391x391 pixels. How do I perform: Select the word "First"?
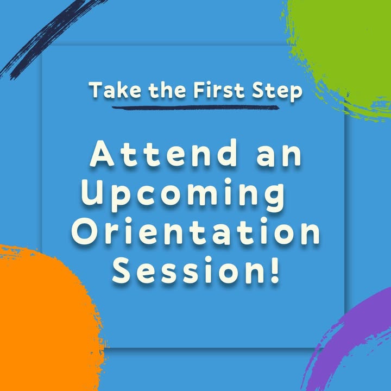tap(219, 90)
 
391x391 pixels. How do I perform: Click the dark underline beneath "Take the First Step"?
tap(195, 108)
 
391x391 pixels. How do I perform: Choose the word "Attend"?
tap(163, 153)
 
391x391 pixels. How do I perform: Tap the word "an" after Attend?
tap(279, 156)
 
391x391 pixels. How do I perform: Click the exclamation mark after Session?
tap(275, 270)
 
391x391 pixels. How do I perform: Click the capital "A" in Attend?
tap(102, 153)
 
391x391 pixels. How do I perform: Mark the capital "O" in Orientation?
tap(86, 231)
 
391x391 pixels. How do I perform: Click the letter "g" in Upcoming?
tap(274, 198)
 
